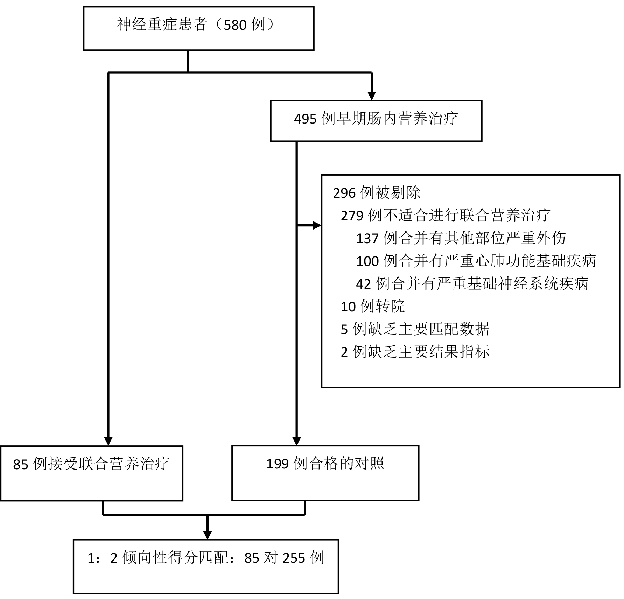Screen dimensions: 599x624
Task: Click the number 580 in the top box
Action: click(x=235, y=25)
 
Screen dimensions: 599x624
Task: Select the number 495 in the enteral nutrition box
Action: click(x=305, y=119)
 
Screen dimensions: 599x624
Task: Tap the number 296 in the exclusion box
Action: click(x=344, y=193)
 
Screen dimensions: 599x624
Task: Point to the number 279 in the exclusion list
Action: click(x=352, y=216)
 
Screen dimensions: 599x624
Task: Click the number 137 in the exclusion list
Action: click(x=367, y=239)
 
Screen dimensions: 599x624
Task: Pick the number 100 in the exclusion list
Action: click(x=367, y=261)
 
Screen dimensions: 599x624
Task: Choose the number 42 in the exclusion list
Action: click(x=363, y=284)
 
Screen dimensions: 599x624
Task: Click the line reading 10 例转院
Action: click(x=372, y=307)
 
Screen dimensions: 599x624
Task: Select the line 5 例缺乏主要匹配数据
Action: click(x=415, y=329)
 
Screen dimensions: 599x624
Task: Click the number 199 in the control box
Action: click(x=278, y=464)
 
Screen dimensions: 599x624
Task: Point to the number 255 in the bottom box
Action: click(x=294, y=558)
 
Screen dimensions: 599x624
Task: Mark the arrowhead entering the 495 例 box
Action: click(x=372, y=96)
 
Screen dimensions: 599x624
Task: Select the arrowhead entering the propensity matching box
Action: click(x=208, y=535)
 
